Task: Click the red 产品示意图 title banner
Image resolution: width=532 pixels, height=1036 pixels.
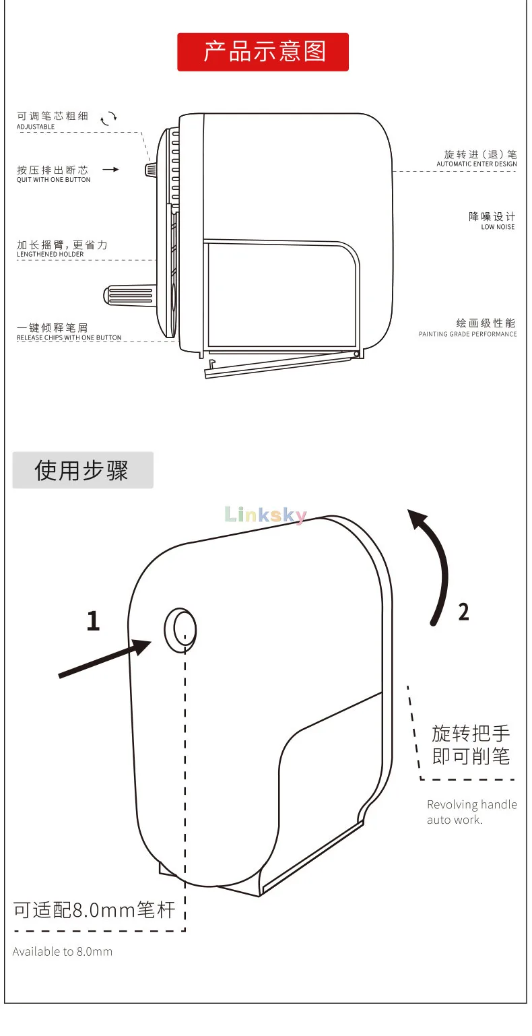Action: click(x=263, y=52)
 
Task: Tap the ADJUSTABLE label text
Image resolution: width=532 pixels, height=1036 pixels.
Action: click(x=36, y=127)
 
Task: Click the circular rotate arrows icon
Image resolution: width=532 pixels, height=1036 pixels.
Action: click(x=108, y=119)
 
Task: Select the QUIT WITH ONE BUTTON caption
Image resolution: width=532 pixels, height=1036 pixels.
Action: click(x=53, y=180)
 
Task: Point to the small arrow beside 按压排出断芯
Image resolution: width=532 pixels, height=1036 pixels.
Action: click(x=110, y=170)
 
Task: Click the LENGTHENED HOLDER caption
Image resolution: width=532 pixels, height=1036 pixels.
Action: click(x=50, y=254)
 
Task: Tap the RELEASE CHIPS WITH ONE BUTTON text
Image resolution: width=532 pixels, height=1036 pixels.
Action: click(x=69, y=337)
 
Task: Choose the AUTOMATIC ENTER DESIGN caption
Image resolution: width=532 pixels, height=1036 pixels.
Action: click(x=477, y=164)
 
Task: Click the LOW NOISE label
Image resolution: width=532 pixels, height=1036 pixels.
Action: click(x=498, y=227)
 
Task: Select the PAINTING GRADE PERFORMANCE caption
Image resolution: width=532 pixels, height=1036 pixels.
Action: click(x=468, y=334)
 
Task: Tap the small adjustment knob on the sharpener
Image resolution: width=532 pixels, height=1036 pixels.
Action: click(x=151, y=169)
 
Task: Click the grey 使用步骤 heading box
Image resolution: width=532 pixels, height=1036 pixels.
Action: click(x=82, y=470)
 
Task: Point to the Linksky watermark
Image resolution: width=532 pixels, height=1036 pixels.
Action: click(x=266, y=515)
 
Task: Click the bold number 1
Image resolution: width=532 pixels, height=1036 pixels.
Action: click(x=93, y=621)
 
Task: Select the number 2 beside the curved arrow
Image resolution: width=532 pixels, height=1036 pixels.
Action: click(x=463, y=612)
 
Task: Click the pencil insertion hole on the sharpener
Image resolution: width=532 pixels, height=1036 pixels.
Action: click(x=180, y=630)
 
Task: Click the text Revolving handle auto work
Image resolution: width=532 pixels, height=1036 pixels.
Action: click(x=471, y=812)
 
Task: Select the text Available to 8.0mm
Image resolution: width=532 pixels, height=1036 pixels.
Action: click(x=63, y=951)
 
